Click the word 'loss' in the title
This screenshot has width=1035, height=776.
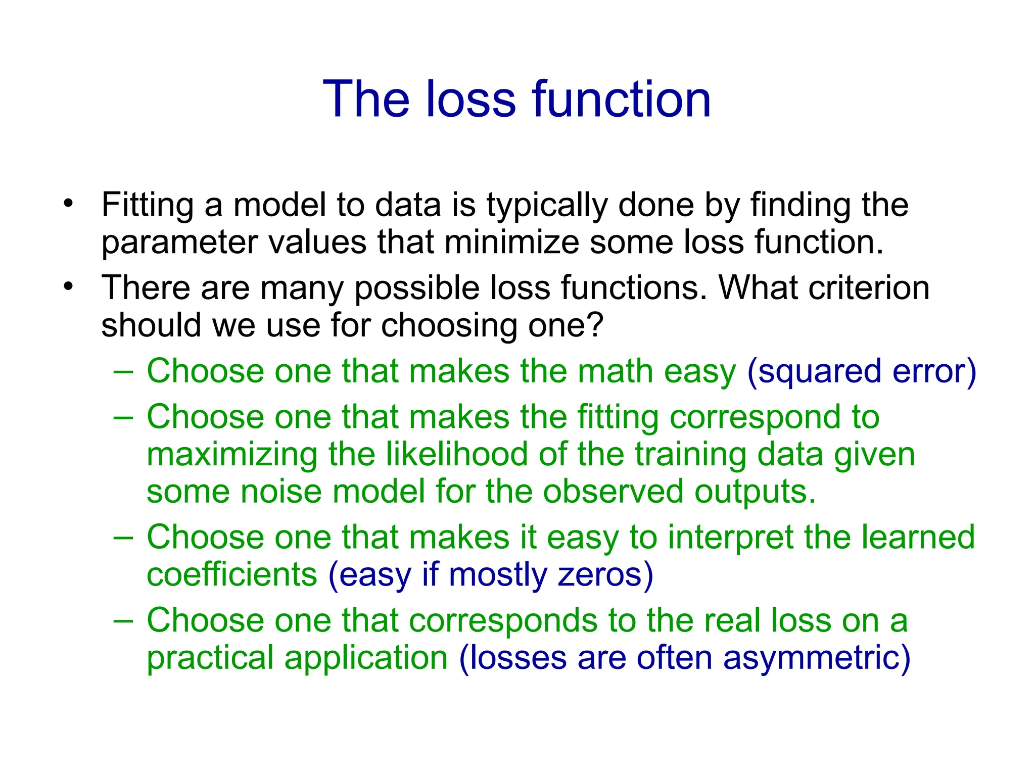tap(471, 100)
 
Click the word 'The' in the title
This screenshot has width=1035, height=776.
tap(366, 100)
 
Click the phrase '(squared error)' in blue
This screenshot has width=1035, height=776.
tap(861, 372)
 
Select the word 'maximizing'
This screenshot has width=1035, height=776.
tap(231, 455)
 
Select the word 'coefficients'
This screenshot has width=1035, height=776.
tap(231, 575)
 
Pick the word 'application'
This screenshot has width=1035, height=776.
tap(366, 658)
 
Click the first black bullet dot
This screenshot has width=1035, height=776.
tap(69, 204)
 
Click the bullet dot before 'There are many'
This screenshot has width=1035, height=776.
tap(69, 287)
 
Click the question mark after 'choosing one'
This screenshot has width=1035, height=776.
tap(596, 325)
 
